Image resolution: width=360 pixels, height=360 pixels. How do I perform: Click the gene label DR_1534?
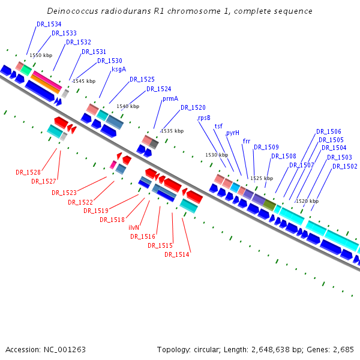[49, 24]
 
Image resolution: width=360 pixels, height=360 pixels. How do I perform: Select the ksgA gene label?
[119, 69]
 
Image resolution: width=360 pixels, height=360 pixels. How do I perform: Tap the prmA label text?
[170, 98]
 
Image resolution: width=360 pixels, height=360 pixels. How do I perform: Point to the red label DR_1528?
[28, 172]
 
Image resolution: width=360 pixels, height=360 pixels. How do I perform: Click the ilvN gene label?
[134, 228]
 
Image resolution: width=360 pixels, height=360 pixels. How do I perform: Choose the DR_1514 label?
[177, 254]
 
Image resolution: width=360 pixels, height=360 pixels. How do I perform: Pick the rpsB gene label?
[204, 118]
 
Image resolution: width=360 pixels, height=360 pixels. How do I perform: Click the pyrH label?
[233, 133]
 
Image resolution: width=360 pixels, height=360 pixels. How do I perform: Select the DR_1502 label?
[345, 166]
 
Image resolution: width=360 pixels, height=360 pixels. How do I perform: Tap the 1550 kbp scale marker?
[41, 55]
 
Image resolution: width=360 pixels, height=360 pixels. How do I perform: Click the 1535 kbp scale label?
[172, 130]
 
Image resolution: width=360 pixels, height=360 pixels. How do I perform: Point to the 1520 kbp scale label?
[307, 201]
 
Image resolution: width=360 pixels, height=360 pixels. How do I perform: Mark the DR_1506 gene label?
[329, 131]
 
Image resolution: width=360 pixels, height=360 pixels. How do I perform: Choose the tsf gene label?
[218, 126]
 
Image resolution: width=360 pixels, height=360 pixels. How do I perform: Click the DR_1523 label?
[64, 193]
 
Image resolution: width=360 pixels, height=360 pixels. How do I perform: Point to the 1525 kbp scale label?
[262, 178]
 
